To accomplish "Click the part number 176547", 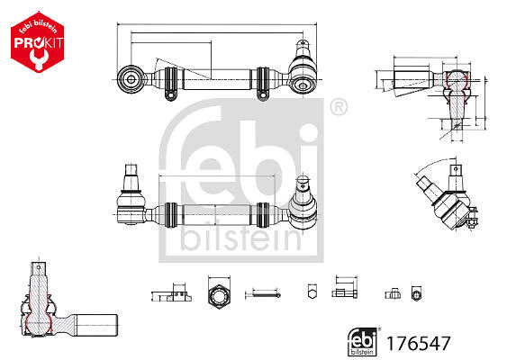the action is (x=418, y=343).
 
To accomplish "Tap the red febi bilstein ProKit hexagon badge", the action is (x=38, y=41).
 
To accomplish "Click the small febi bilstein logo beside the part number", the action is (x=363, y=342).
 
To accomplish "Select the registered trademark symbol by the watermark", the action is (x=339, y=107).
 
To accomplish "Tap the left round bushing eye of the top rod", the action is (x=131, y=79).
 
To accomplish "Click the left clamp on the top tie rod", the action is (x=171, y=84).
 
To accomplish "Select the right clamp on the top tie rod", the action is (x=263, y=84).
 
